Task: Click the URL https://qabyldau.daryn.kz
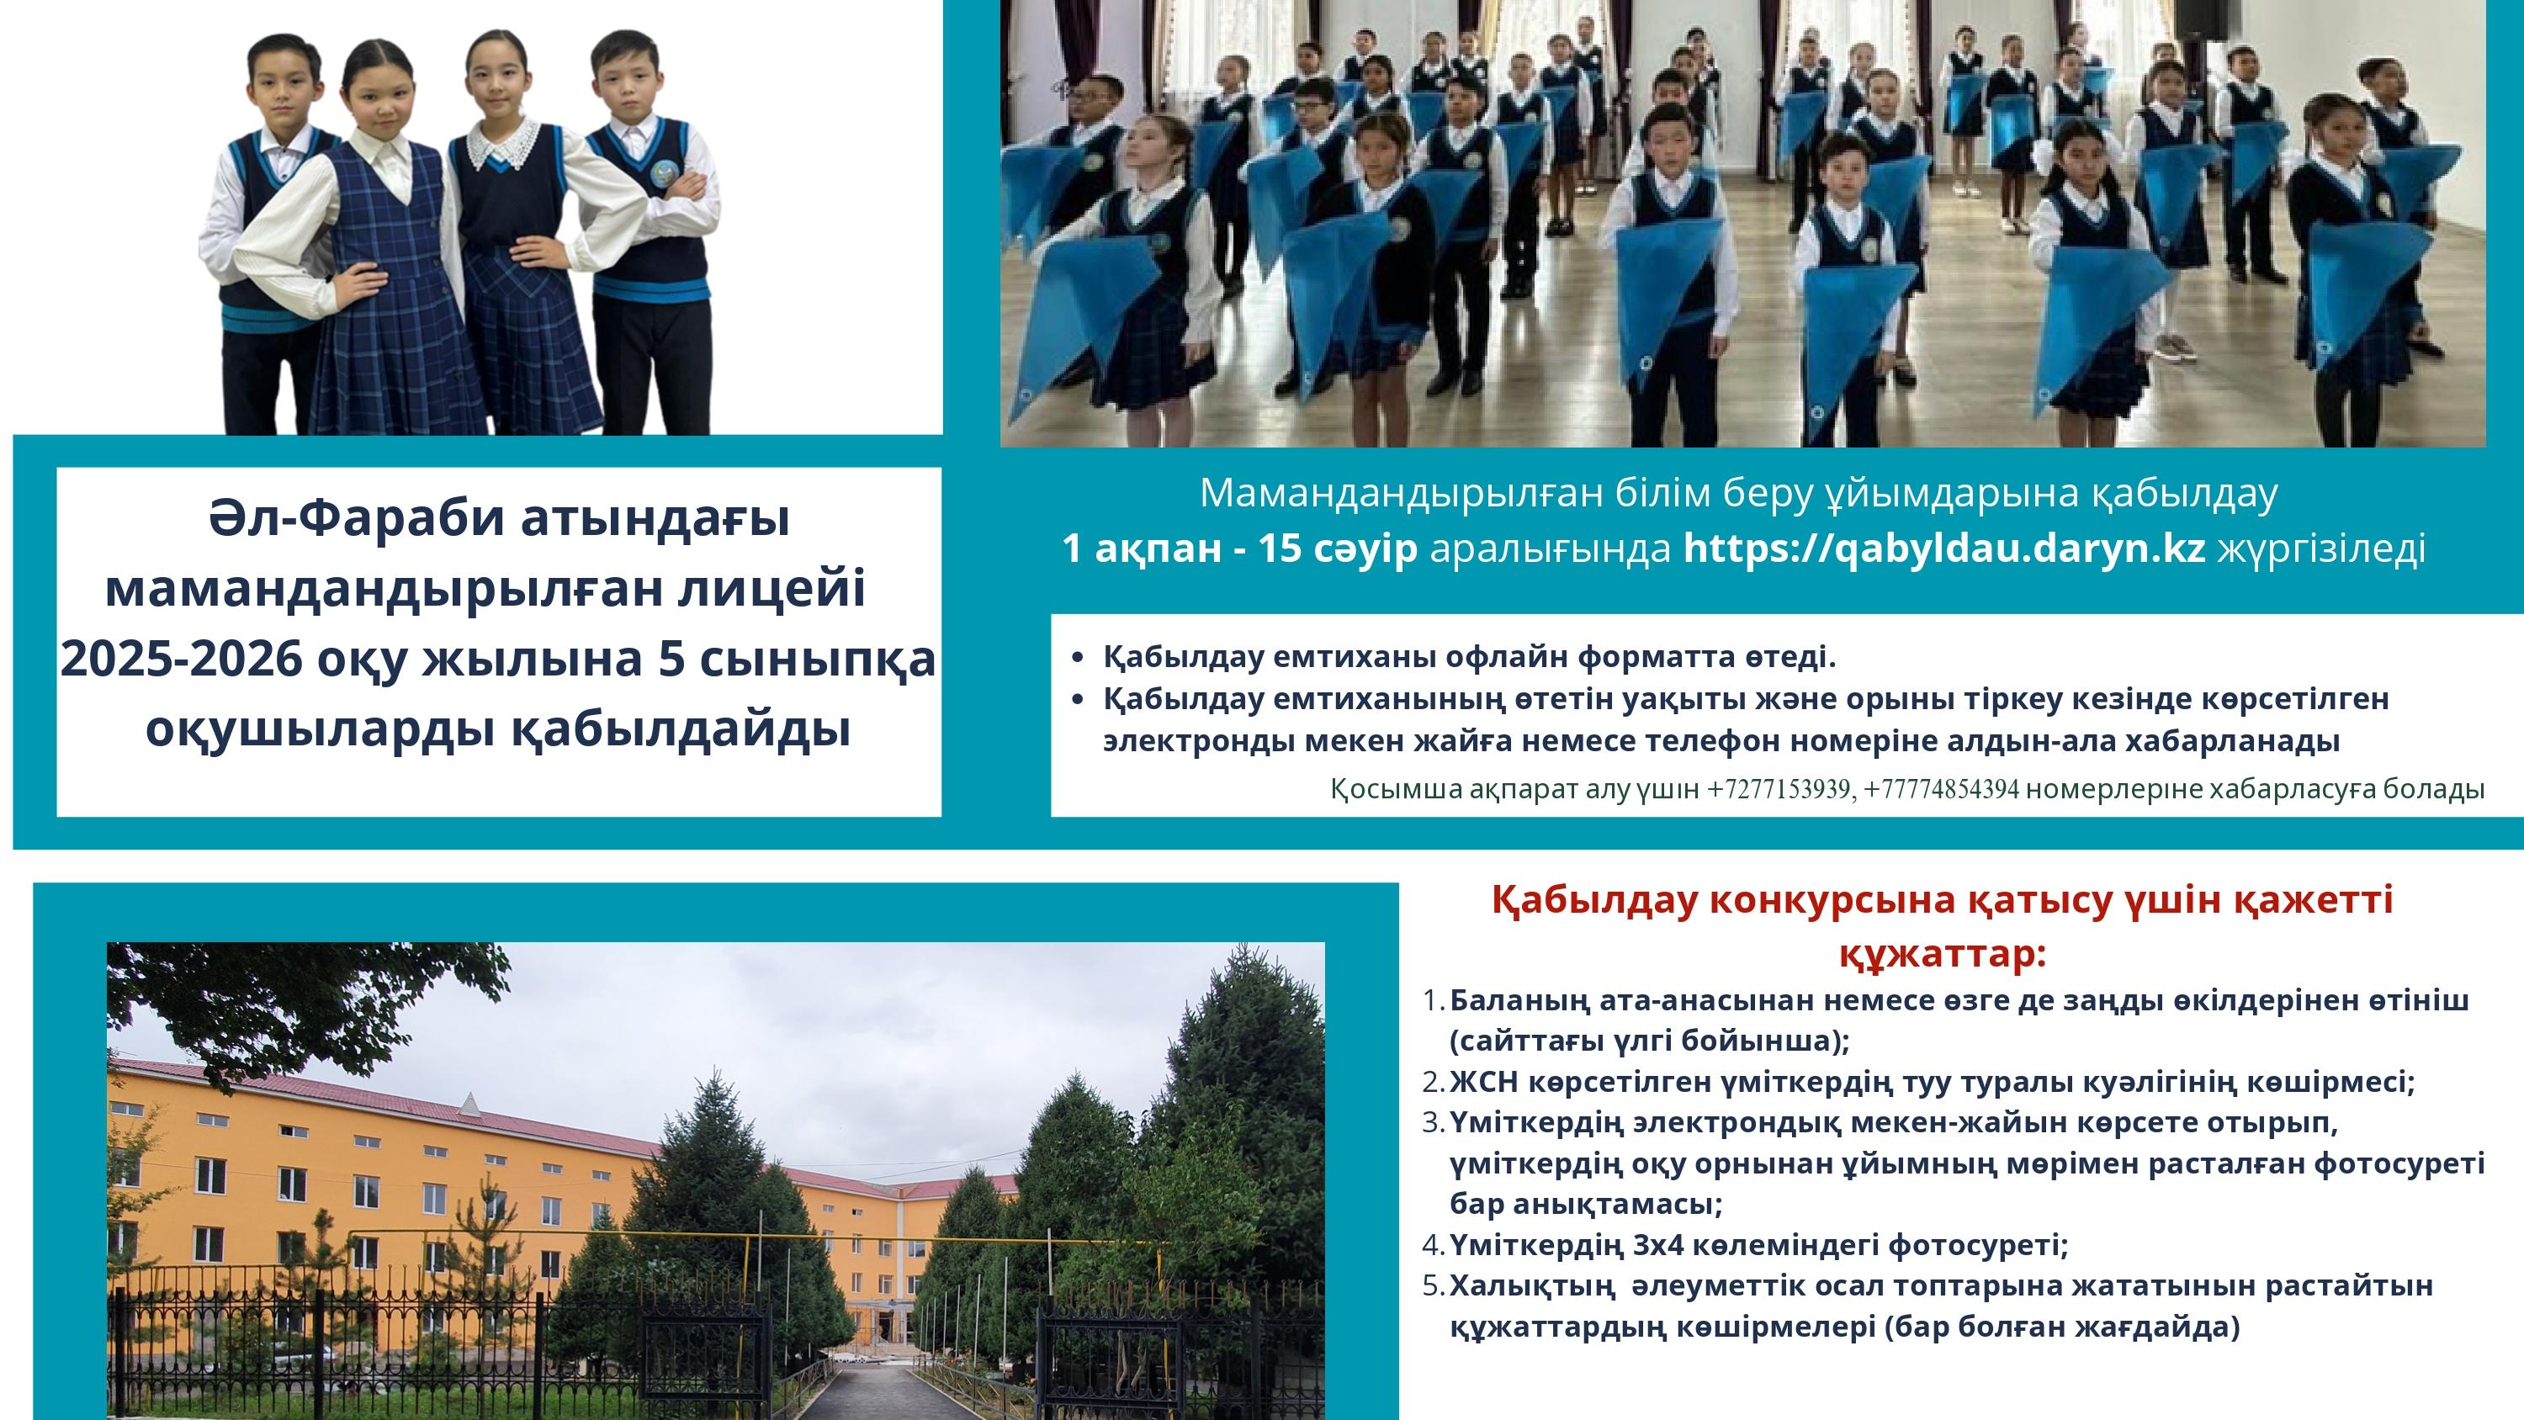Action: click(1944, 548)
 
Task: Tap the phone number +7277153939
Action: click(1779, 790)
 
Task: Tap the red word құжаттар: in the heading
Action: click(1942, 953)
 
